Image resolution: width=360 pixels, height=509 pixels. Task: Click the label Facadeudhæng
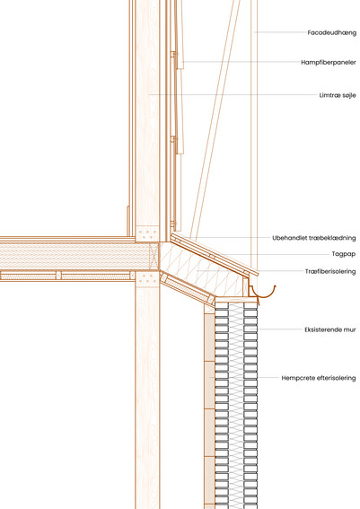332,33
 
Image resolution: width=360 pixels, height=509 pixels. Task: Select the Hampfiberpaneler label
329,62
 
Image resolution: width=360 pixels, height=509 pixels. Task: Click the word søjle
348,95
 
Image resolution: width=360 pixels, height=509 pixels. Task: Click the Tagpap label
344,254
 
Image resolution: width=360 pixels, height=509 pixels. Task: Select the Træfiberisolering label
330,271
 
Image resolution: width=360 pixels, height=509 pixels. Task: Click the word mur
351,330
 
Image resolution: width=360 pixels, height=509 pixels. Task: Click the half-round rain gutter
264,293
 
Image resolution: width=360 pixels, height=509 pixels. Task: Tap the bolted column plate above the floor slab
147,233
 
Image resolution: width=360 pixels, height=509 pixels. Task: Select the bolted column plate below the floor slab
147,279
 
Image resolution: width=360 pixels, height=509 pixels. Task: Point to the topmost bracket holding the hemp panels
174,54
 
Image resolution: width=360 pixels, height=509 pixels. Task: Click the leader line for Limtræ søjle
233,95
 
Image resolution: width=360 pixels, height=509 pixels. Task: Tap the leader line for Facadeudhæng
280,32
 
